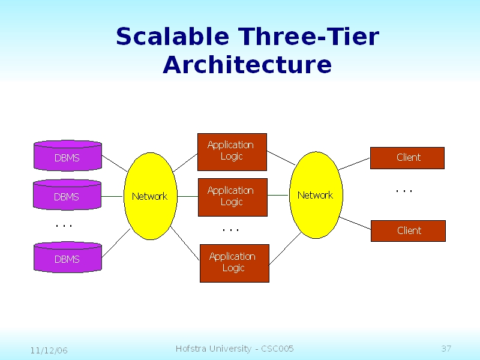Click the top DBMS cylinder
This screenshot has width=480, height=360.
(67, 157)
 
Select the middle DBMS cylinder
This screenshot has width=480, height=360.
(67, 195)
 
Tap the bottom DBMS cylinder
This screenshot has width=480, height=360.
(67, 258)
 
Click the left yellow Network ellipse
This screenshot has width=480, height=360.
(150, 196)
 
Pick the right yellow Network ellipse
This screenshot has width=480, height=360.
(315, 196)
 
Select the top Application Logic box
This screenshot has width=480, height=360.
(232, 151)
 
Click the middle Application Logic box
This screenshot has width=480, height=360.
(232, 197)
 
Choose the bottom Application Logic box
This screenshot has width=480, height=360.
(234, 263)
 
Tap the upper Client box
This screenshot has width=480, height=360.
(407, 158)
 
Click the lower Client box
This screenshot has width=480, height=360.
(408, 231)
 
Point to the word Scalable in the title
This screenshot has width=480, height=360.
(173, 37)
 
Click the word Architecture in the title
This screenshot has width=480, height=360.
(247, 65)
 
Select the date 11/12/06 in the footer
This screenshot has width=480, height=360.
(49, 350)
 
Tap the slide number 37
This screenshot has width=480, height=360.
(446, 349)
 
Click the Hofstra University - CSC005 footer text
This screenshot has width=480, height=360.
(235, 349)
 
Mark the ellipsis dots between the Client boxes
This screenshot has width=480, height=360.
(404, 191)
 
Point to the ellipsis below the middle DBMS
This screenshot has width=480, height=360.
(64, 226)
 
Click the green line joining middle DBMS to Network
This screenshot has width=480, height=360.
(113, 196)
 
